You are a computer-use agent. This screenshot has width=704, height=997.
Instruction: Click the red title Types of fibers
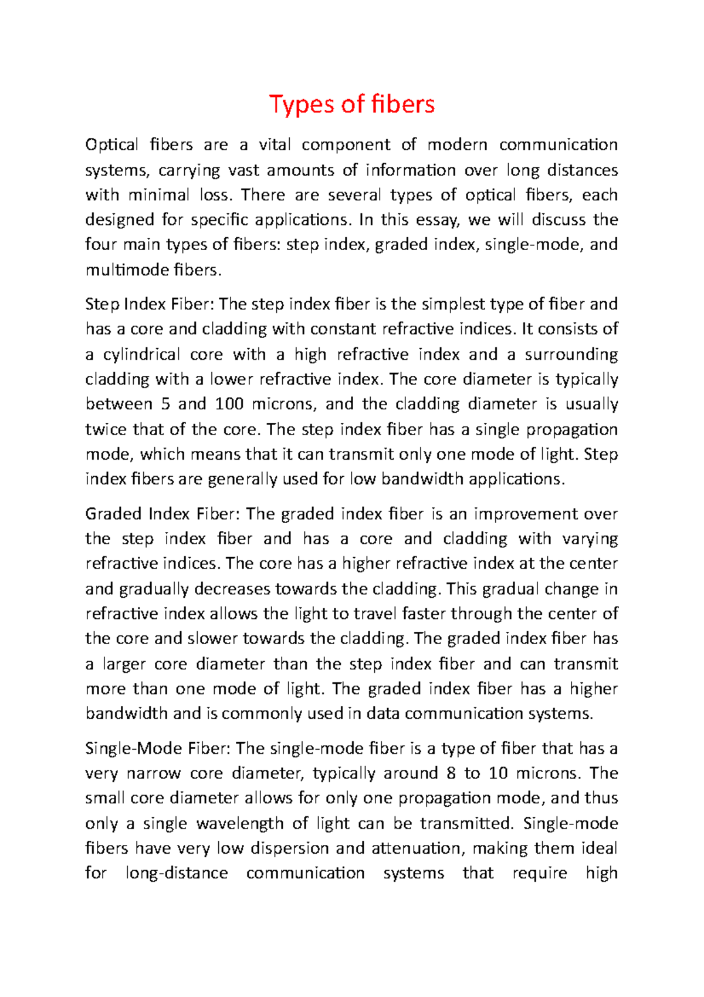(x=352, y=104)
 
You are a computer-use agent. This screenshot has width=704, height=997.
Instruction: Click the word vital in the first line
(x=275, y=144)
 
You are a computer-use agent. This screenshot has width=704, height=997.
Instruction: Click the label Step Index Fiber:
(x=150, y=304)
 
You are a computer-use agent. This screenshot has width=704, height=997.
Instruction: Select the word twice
(x=106, y=429)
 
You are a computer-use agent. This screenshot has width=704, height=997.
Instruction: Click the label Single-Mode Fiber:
(x=159, y=749)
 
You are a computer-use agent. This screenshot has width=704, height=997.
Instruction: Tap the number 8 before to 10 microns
(x=451, y=773)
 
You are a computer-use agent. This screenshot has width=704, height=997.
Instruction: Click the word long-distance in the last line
(x=177, y=873)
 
